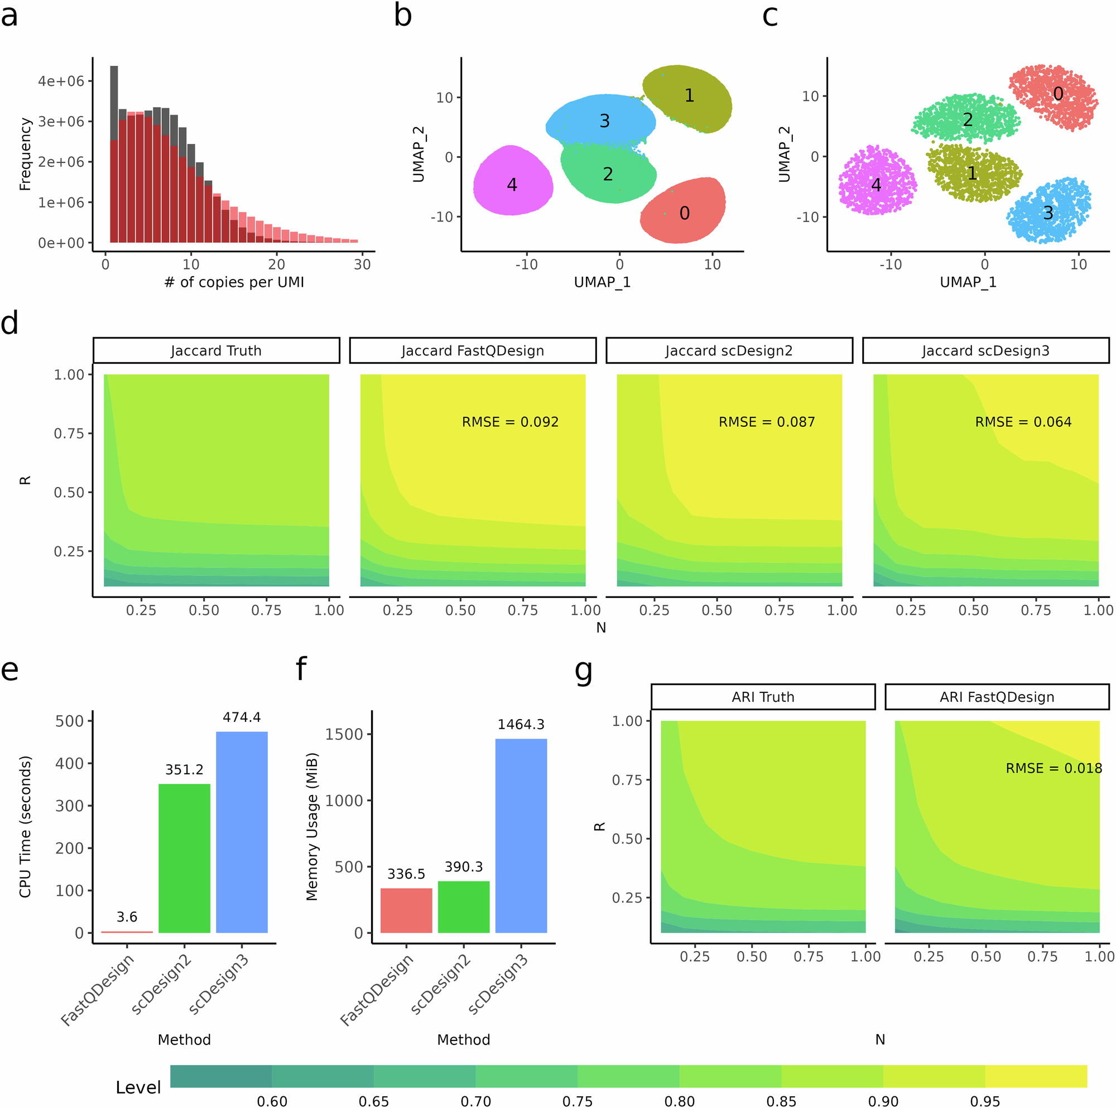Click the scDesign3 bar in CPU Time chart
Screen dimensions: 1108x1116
[x=242, y=832]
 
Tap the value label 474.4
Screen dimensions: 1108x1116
[x=242, y=717]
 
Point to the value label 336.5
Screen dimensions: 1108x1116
[x=406, y=874]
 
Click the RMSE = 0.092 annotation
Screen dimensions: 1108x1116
[x=510, y=422]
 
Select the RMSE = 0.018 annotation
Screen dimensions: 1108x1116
[x=1054, y=768]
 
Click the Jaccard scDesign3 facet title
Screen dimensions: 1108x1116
[x=985, y=351]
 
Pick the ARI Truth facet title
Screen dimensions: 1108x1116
[x=762, y=697]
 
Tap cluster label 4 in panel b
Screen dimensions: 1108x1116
[x=512, y=184]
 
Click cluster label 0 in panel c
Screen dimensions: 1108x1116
[x=1057, y=94]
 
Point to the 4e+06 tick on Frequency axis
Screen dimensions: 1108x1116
[x=61, y=81]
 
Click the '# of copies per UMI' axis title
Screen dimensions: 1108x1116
[x=234, y=282]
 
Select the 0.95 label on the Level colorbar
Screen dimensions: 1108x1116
[x=985, y=1101]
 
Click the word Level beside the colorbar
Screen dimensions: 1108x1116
[x=138, y=1087]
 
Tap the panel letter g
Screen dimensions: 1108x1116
[x=584, y=670]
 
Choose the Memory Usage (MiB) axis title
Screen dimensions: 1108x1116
[x=312, y=826]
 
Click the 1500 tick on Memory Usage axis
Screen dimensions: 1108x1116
[x=344, y=734]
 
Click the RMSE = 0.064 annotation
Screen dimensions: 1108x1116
[x=1023, y=422]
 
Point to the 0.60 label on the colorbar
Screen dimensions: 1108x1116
[x=272, y=1101]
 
